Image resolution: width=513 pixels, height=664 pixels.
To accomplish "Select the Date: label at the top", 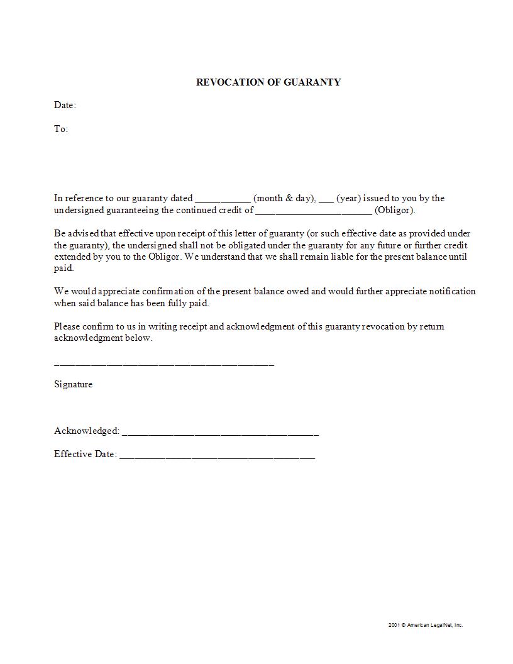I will pyautogui.click(x=65, y=105).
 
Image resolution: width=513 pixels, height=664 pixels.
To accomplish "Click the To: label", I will pyautogui.click(x=61, y=129).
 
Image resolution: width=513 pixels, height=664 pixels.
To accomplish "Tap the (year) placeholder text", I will pyautogui.click(x=348, y=198).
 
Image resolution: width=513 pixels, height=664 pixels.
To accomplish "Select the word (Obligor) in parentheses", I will pyautogui.click(x=395, y=210).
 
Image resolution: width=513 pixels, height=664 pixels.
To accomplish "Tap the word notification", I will pyautogui.click(x=448, y=291).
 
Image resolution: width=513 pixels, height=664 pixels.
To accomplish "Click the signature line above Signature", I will pyautogui.click(x=164, y=364).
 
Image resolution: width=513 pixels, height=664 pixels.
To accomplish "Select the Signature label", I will pyautogui.click(x=73, y=384).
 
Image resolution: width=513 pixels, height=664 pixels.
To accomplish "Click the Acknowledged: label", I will pyautogui.click(x=87, y=431).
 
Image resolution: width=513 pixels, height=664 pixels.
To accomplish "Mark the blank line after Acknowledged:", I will pyautogui.click(x=220, y=433).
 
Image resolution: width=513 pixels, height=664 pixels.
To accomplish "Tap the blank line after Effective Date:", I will pyautogui.click(x=217, y=456).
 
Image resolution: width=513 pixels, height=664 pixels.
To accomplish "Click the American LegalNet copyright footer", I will pyautogui.click(x=425, y=625).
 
